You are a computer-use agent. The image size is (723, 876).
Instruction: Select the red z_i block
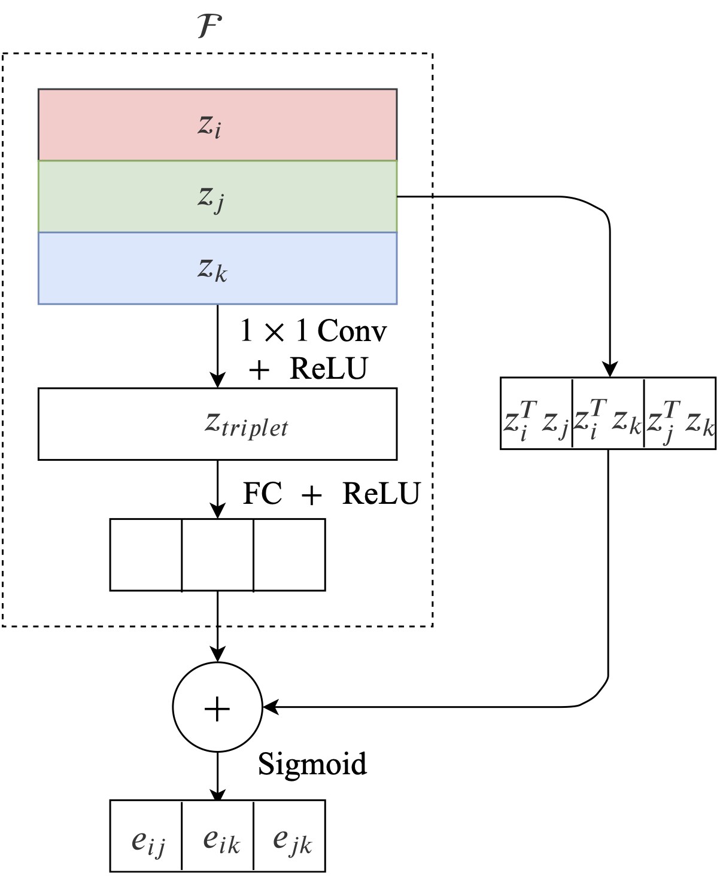[x=217, y=124]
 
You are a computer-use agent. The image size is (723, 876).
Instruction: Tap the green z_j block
[x=217, y=196]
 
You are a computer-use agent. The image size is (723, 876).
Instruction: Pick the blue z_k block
[x=217, y=268]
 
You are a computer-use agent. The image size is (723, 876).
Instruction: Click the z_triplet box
[x=217, y=424]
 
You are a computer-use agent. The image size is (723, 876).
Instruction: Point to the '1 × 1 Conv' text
[x=313, y=331]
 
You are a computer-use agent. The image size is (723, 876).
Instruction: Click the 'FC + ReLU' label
[x=331, y=494]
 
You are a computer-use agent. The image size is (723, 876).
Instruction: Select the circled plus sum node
[x=217, y=707]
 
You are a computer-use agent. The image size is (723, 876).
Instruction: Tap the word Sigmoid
[x=312, y=764]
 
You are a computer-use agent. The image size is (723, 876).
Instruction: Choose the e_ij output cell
[x=146, y=835]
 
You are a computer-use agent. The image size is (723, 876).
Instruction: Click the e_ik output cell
[x=218, y=835]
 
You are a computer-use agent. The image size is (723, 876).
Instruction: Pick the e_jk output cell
[x=290, y=835]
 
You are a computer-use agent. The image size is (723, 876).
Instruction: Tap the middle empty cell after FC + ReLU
[x=218, y=555]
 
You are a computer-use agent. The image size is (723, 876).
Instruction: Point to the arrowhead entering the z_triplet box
[x=217, y=381]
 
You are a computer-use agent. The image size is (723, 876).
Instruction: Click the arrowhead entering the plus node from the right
[x=271, y=707]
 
